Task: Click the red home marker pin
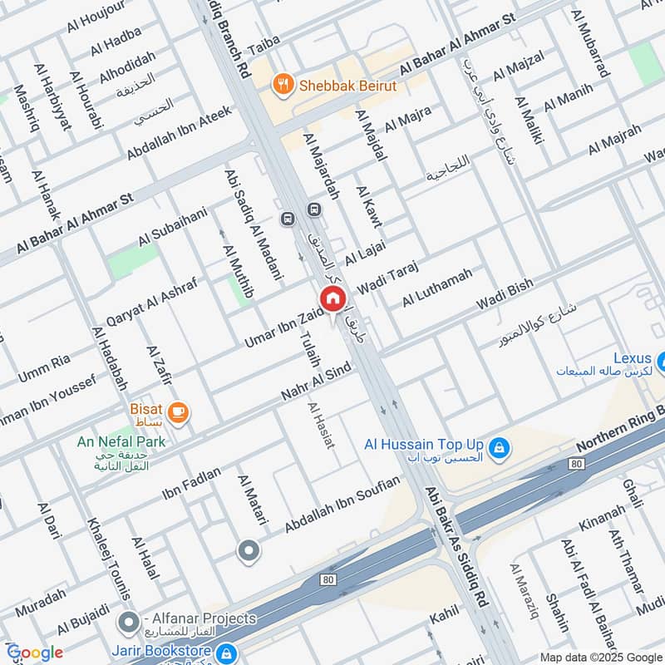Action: click(x=332, y=298)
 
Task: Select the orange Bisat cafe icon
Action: click(x=178, y=411)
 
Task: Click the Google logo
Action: click(x=35, y=653)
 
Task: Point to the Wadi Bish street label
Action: click(x=505, y=297)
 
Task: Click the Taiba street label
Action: click(x=267, y=47)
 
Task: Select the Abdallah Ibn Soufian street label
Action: click(x=342, y=505)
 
